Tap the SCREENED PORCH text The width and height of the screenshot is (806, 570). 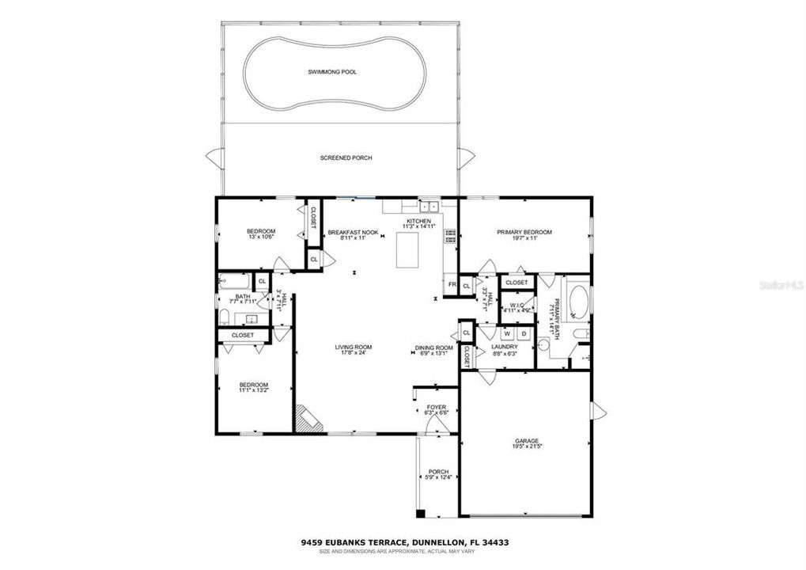point(346,158)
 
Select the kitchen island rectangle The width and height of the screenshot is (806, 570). point(408,251)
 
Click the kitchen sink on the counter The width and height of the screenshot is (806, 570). point(429,207)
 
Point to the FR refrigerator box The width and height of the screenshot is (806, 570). point(452,285)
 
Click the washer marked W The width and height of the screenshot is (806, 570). point(507,334)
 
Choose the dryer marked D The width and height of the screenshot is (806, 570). point(523,334)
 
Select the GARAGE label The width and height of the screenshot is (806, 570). point(526,441)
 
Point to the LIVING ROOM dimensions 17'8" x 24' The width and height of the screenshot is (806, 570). point(354,353)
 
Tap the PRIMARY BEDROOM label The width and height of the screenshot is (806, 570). point(524,232)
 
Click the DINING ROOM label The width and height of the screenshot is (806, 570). point(434,348)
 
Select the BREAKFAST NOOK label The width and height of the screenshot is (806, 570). point(353,232)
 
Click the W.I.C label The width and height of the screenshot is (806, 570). point(518,305)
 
